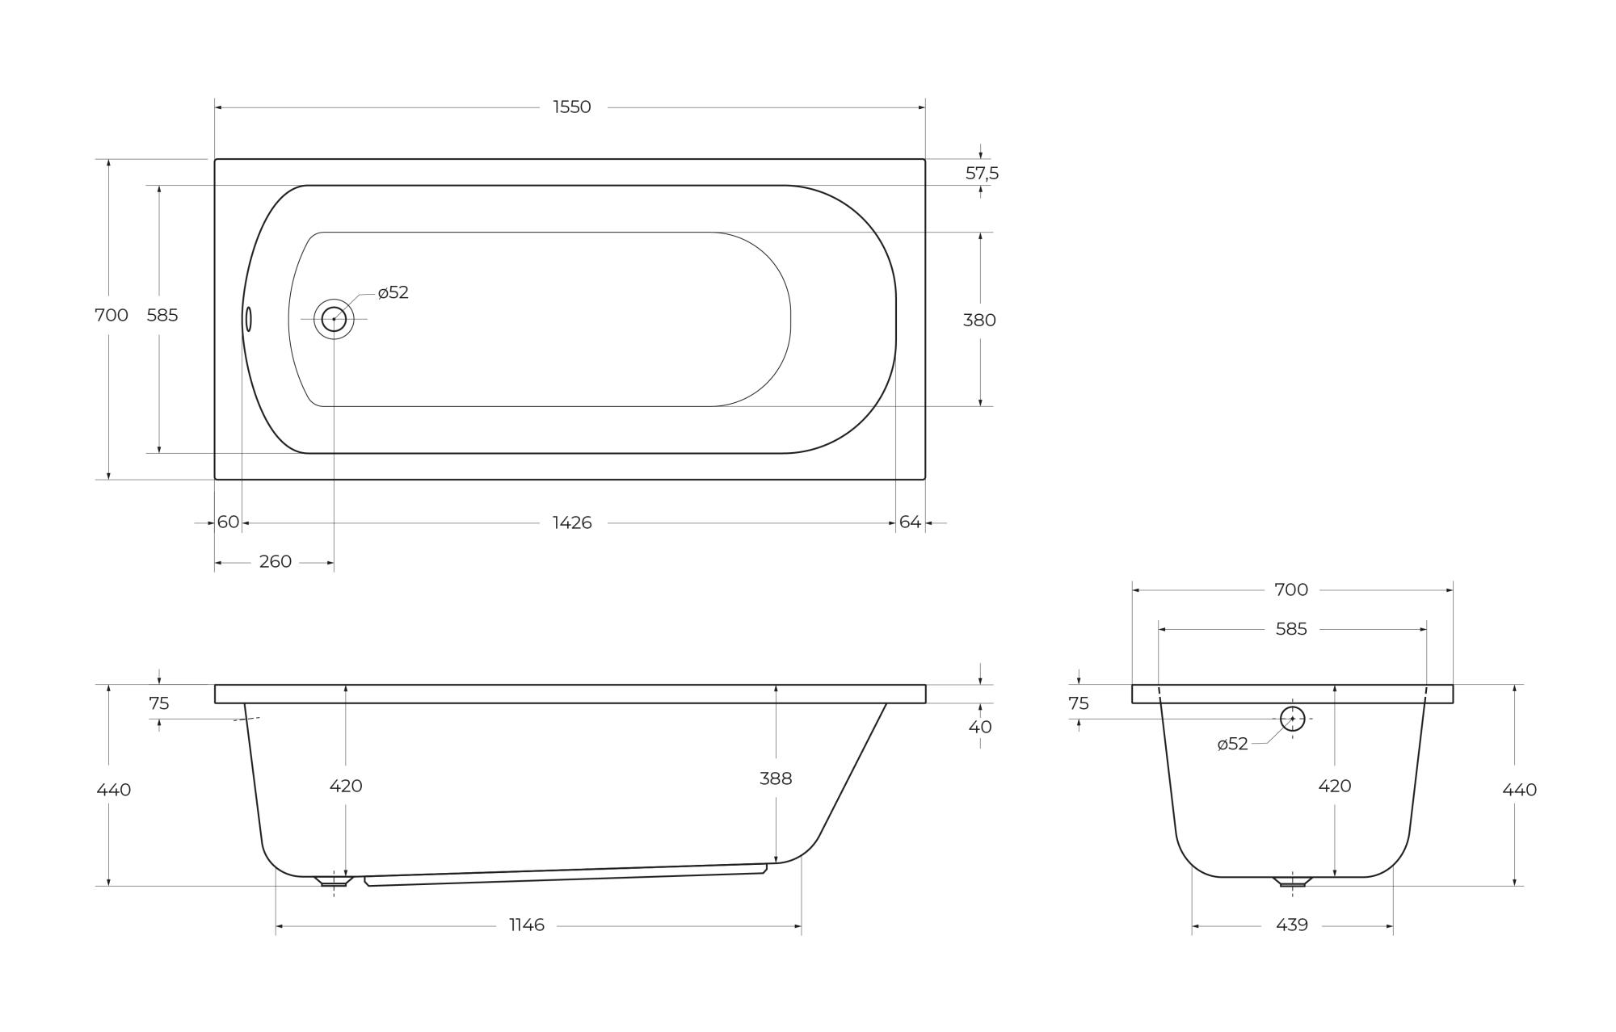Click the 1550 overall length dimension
tap(572, 107)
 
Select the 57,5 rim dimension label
tap(983, 173)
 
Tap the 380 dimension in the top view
tap(979, 320)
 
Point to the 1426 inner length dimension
tap(572, 522)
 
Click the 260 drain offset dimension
tap(276, 561)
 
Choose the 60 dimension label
tap(229, 522)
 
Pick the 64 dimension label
tap(910, 522)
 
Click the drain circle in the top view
tap(334, 319)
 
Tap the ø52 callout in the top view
tap(393, 292)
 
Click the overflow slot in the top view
tap(249, 319)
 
